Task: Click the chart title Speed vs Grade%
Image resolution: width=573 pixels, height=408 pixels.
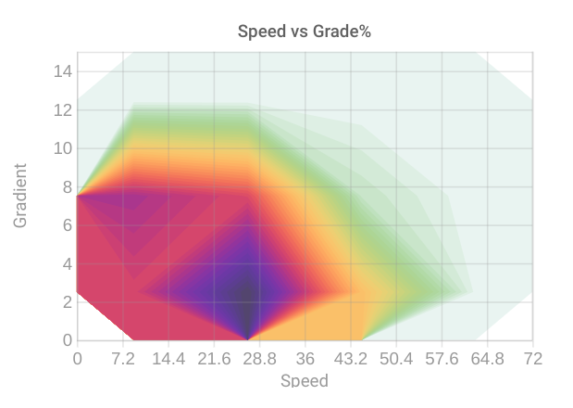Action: [x=305, y=32]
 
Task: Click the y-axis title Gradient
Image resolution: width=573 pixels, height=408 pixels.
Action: [x=20, y=196]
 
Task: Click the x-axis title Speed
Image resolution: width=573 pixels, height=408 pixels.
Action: [x=304, y=380]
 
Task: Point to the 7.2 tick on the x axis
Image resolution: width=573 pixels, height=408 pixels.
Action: [x=123, y=359]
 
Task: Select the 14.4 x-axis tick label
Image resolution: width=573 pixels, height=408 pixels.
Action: [x=168, y=359]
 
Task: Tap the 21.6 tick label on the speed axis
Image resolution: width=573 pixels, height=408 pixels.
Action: [x=214, y=359]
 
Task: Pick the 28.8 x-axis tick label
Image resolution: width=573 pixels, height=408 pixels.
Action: [x=259, y=359]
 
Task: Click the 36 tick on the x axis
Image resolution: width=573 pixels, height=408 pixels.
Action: [x=305, y=359]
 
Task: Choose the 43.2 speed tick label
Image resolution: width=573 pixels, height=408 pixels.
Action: [x=350, y=359]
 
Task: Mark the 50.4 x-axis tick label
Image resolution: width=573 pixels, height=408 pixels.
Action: [x=396, y=359]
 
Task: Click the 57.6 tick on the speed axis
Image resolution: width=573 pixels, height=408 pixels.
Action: [x=442, y=359]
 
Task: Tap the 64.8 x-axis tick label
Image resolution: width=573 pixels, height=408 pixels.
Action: [x=487, y=359]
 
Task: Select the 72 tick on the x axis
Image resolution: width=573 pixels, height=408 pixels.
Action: [x=532, y=359]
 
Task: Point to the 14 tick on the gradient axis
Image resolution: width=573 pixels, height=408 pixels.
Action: [x=61, y=71]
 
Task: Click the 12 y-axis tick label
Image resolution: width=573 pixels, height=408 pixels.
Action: [x=61, y=109]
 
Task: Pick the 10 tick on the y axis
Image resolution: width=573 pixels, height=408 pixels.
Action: [x=61, y=148]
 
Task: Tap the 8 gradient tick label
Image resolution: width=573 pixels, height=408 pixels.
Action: [x=66, y=186]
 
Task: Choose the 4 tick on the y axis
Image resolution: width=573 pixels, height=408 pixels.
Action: [x=66, y=263]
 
